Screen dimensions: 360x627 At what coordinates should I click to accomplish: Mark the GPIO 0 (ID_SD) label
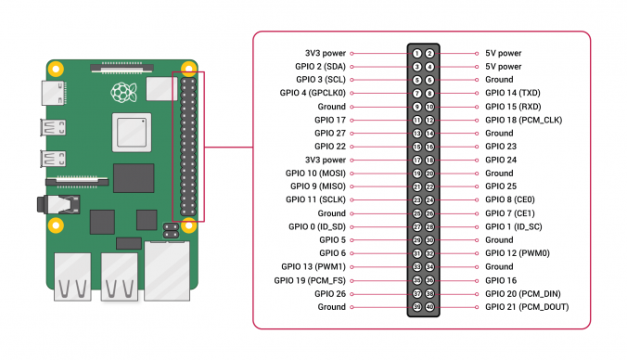tap(316, 226)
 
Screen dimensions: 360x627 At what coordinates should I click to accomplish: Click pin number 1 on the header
tap(418, 54)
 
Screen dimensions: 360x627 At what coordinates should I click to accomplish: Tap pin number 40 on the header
tap(430, 306)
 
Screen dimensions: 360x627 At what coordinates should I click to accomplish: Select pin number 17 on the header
tap(418, 160)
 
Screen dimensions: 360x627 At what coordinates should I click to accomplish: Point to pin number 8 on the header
tap(430, 93)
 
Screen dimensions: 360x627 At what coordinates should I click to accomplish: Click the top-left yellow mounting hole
tap(56, 68)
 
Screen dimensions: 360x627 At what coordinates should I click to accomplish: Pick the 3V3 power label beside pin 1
tap(325, 54)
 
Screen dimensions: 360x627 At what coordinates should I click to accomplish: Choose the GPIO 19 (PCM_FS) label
tap(310, 279)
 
